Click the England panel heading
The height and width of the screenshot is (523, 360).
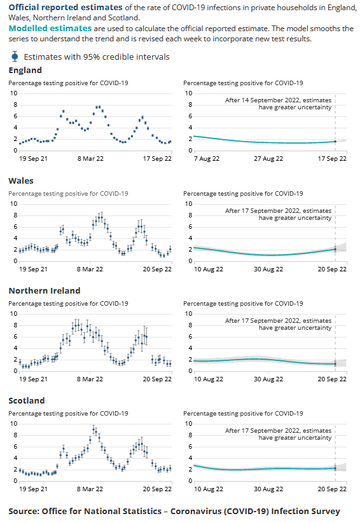tap(25, 70)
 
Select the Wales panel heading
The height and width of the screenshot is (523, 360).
tap(21, 180)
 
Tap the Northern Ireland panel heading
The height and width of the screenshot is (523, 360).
tap(44, 290)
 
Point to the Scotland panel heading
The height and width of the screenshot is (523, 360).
tap(27, 400)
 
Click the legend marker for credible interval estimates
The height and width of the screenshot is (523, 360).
tap(15, 56)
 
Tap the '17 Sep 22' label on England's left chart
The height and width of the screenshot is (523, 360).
tap(158, 159)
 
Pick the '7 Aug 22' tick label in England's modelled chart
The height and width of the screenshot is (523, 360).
tap(197, 159)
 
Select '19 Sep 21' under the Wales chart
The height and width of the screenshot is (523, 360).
tap(34, 269)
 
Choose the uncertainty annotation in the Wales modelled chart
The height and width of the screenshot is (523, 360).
tap(279, 214)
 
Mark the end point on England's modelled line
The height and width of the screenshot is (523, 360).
tap(335, 142)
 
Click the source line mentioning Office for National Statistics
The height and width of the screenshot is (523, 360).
tap(174, 511)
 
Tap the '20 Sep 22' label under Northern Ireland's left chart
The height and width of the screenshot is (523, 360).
tap(158, 379)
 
